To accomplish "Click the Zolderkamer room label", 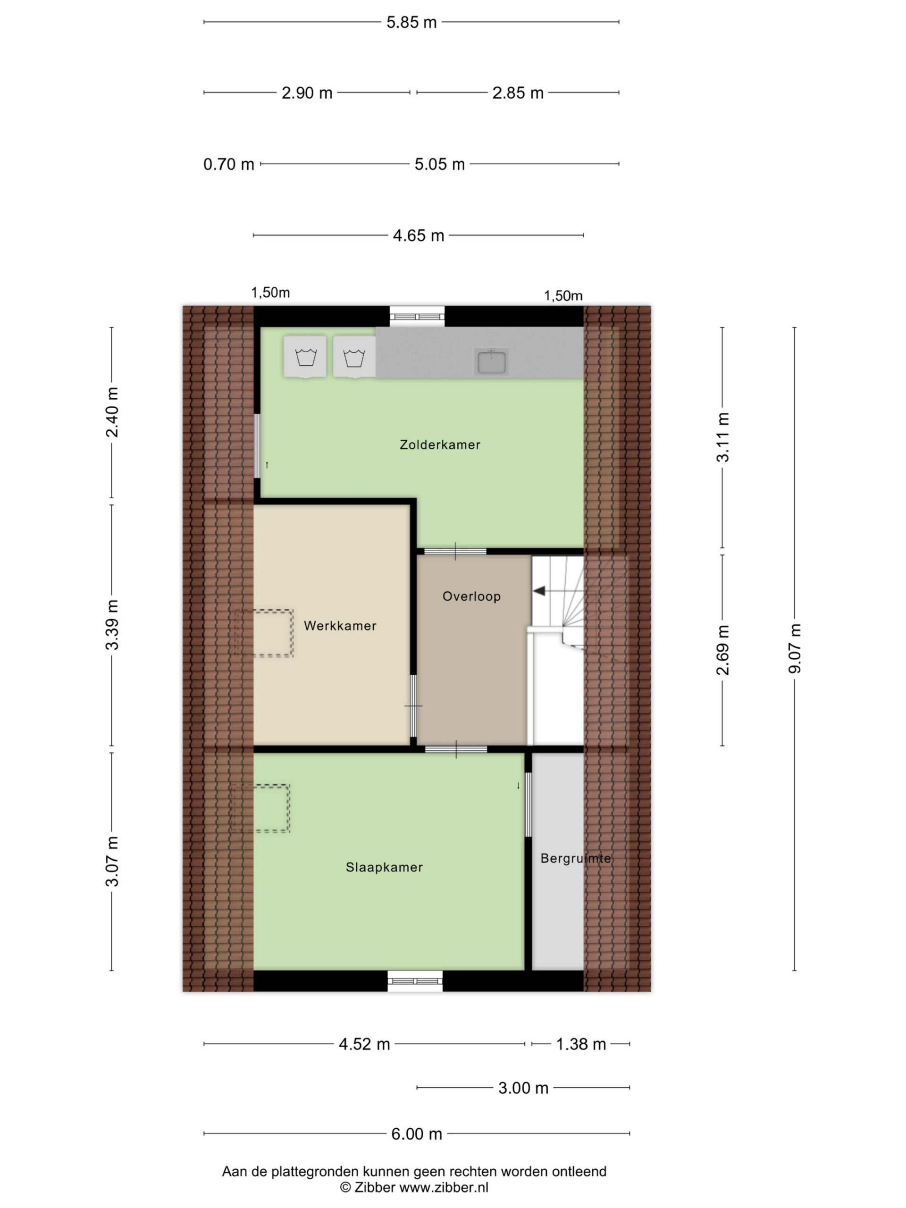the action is coord(440,445).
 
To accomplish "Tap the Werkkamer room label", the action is coord(340,626).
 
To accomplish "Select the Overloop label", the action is coord(471,596).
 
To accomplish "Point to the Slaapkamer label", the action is coord(385,867).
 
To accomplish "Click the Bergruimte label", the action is coord(576,858).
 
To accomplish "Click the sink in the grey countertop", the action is coord(492,362).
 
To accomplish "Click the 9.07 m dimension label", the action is coord(795,648).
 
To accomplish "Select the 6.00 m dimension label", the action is coord(417,1134).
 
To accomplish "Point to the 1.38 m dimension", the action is coord(581,1044).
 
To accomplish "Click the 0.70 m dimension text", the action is coord(229,164).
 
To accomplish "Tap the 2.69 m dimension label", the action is coord(722,650).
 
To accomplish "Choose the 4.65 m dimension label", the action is coord(419,235).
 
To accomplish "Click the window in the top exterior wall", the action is coord(417,316).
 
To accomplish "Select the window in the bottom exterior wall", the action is coord(415,981).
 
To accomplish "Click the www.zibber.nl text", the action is coord(444,1187).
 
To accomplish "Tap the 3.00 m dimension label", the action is coord(523,1089).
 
